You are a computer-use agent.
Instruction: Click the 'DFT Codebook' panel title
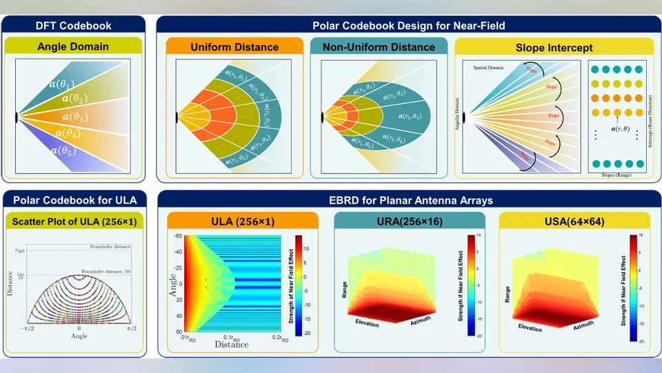[x=74, y=26]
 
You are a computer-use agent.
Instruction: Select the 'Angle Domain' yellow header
[x=74, y=47]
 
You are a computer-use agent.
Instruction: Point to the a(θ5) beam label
[x=64, y=149]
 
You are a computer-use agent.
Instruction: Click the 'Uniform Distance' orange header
[x=234, y=47]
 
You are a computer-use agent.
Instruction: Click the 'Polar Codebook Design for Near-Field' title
[x=408, y=26]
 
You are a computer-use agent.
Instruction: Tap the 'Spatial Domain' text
[x=490, y=68]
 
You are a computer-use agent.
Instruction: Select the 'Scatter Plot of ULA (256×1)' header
[x=74, y=221]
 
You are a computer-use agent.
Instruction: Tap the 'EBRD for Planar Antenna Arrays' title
[x=408, y=200]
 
